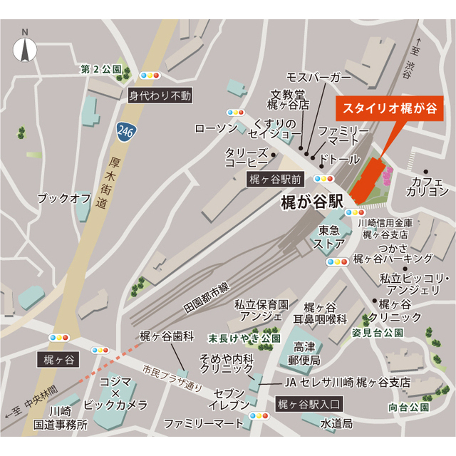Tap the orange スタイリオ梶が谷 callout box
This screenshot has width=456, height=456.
click(x=389, y=109)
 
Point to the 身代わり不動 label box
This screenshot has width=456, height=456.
click(x=160, y=94)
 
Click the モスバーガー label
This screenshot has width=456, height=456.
click(x=318, y=76)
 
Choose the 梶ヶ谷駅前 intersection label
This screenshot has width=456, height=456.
click(x=276, y=180)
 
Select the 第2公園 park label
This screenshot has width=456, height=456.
click(x=100, y=70)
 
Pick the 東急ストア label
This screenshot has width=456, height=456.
click(x=329, y=237)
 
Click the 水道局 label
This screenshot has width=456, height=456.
click(x=336, y=423)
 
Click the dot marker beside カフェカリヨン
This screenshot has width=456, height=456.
click(x=426, y=172)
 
